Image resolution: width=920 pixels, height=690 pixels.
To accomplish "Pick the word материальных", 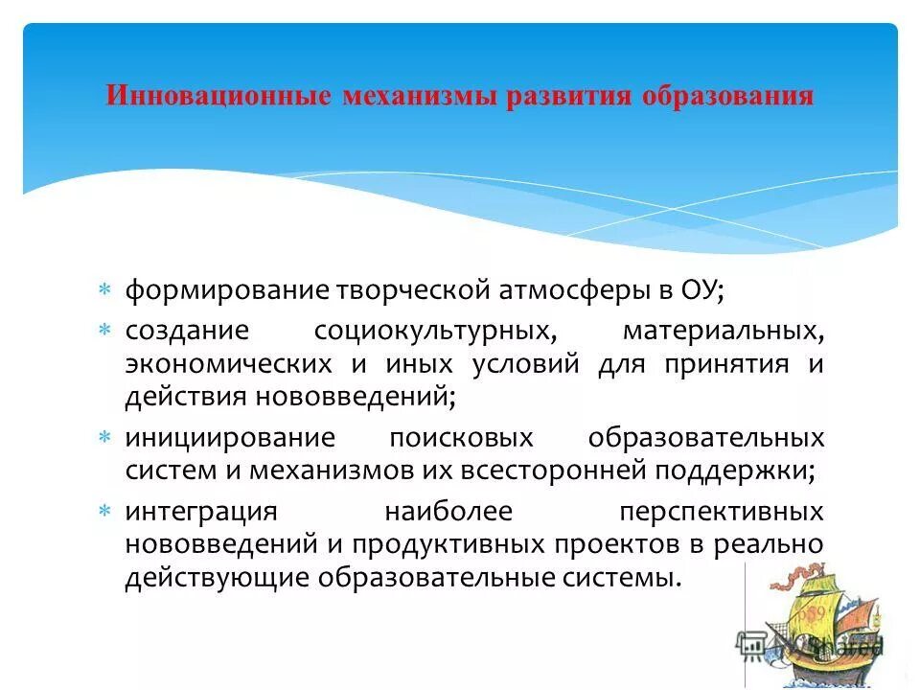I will pos(723,331).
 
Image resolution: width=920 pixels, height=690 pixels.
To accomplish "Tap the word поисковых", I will pos(461,438).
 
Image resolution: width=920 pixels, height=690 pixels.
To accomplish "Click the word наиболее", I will pos(448,512).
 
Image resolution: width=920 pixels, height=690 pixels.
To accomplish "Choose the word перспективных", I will pos(721,512).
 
